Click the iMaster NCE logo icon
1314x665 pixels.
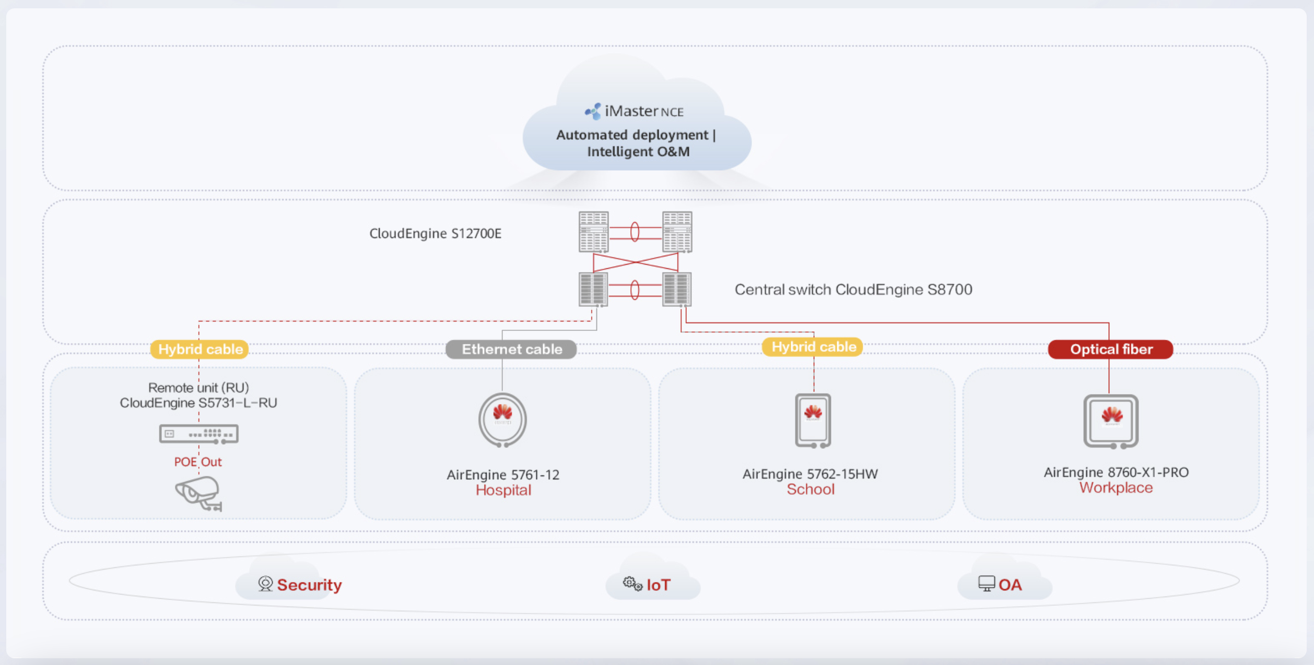point(593,111)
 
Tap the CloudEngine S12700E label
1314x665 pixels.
point(435,233)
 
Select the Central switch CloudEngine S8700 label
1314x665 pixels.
point(853,290)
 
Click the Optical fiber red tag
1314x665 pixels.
point(1110,349)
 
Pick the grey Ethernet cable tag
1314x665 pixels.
point(511,349)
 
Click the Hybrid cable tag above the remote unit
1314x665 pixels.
point(200,349)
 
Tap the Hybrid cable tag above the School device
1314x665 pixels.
point(813,347)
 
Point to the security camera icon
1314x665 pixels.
point(199,493)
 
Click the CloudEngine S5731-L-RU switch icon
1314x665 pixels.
point(199,434)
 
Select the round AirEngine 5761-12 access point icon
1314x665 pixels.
point(502,420)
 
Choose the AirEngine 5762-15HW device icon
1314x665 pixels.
point(813,420)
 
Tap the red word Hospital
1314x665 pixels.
point(503,490)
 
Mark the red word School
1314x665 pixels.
point(811,490)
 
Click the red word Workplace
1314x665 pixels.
point(1116,488)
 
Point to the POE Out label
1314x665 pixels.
point(198,462)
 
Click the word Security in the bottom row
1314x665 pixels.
point(309,585)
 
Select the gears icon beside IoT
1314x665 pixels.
point(632,584)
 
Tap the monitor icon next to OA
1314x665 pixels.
point(986,584)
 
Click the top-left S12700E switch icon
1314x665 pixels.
point(593,232)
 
